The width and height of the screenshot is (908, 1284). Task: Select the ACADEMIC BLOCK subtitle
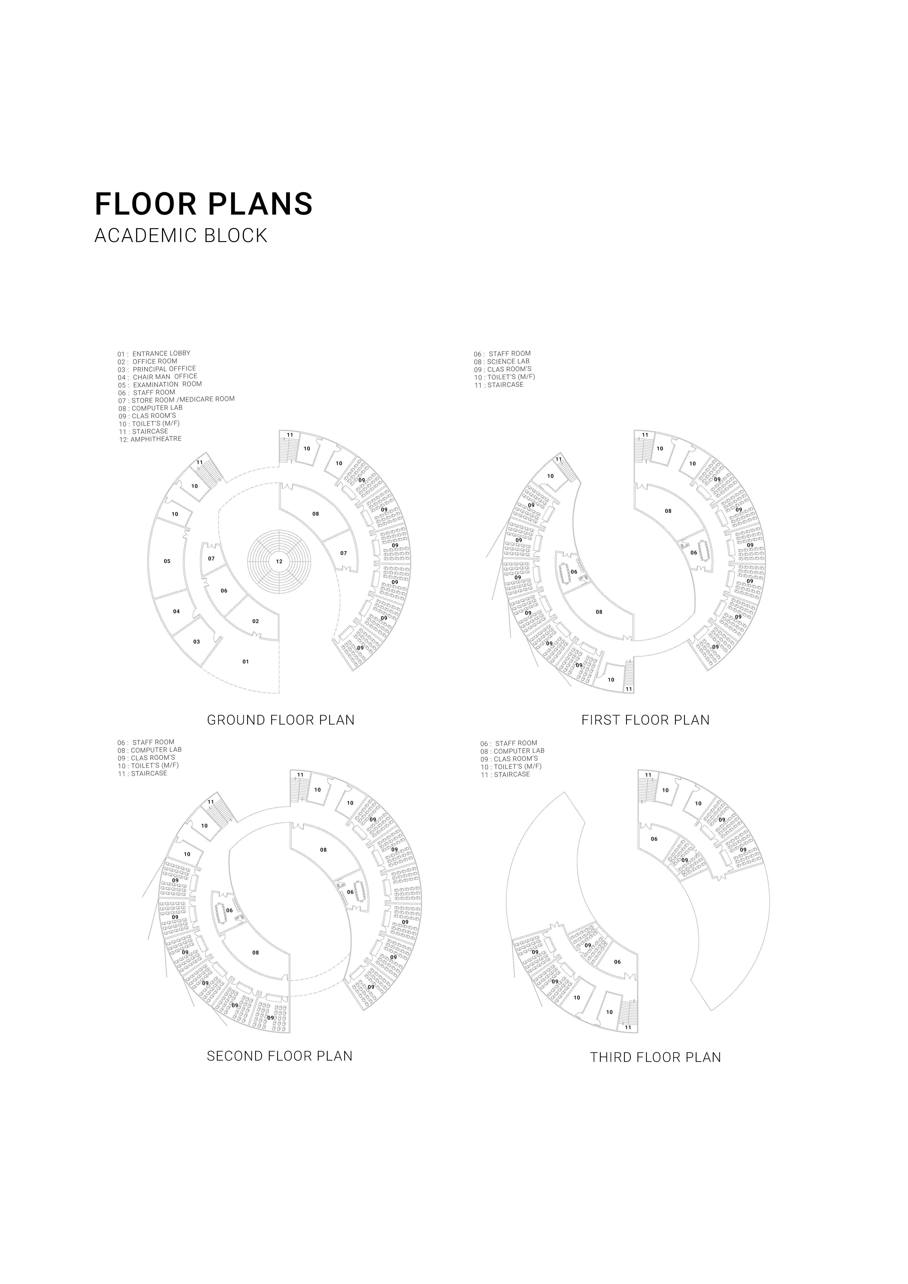pyautogui.click(x=181, y=235)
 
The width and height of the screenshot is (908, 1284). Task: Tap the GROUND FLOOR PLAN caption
pyautogui.click(x=281, y=720)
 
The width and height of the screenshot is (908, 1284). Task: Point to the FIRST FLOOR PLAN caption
pyautogui.click(x=645, y=720)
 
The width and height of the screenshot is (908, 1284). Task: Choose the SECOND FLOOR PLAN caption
pyautogui.click(x=280, y=1056)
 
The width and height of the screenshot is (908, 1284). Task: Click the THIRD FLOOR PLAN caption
pyautogui.click(x=655, y=1057)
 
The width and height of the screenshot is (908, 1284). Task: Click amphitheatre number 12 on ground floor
pyautogui.click(x=279, y=561)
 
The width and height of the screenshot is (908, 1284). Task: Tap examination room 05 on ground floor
pyautogui.click(x=167, y=561)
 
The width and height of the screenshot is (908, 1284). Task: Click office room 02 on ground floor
pyautogui.click(x=255, y=621)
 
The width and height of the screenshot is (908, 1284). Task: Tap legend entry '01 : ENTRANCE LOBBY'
pyautogui.click(x=154, y=353)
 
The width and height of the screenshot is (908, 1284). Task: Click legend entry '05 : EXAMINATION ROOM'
pyautogui.click(x=160, y=385)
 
